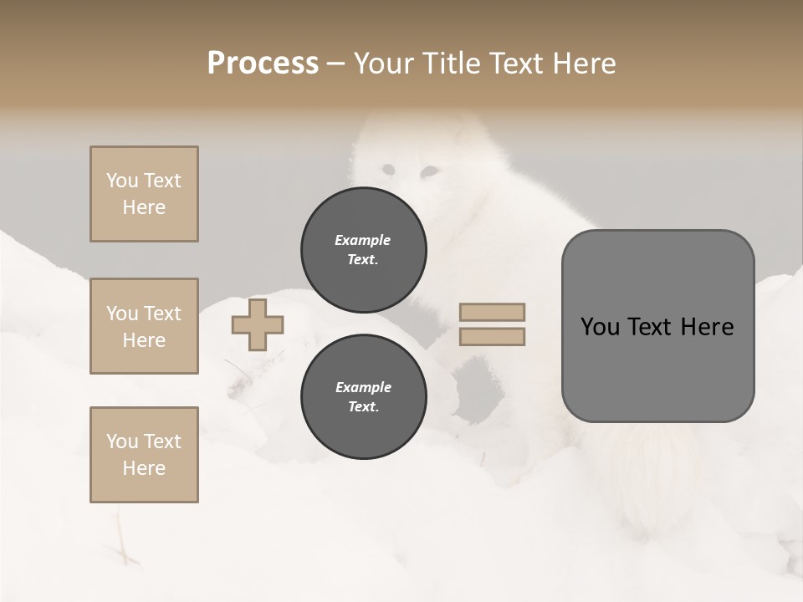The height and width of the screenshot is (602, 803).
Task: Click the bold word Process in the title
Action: pos(263,64)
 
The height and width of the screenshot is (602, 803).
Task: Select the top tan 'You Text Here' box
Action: pos(144,194)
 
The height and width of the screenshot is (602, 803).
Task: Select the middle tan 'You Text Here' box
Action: pos(144,326)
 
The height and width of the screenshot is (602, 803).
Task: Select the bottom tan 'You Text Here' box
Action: pos(144,455)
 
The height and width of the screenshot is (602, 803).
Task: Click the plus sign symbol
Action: pos(258,324)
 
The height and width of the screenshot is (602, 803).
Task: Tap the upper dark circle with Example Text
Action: pos(364,250)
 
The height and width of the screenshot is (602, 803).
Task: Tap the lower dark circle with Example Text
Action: pos(364,397)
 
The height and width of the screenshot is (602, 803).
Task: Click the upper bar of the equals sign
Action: pos(492,313)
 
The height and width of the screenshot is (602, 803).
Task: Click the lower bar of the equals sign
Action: pos(492,337)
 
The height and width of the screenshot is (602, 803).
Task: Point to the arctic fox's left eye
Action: pos(387,171)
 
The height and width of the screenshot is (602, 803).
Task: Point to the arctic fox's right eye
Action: pos(428,171)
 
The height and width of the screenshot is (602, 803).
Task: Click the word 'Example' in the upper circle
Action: pos(363,240)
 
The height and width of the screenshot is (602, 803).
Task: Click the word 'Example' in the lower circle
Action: pos(363,387)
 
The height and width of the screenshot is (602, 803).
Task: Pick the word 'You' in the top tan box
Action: pos(121,181)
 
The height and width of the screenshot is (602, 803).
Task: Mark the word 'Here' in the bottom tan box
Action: pos(144,468)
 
